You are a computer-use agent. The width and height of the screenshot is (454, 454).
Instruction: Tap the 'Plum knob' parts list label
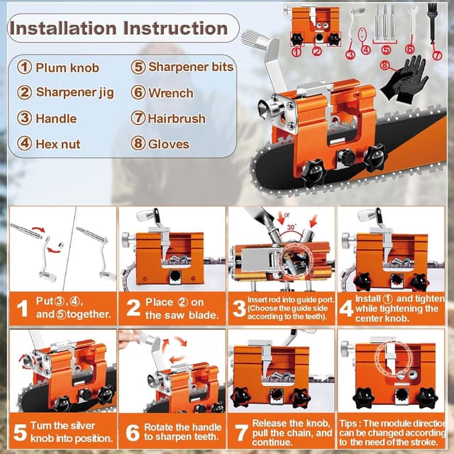(x=67, y=68)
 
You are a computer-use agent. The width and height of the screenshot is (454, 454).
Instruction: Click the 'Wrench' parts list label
(x=170, y=93)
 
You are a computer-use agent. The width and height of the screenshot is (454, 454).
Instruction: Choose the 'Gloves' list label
(x=168, y=144)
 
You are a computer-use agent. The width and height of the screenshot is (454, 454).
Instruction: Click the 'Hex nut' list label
(x=58, y=144)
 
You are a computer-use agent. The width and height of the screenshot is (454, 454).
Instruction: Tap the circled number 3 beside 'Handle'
(x=25, y=118)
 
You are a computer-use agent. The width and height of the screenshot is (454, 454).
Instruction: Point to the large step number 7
(x=242, y=430)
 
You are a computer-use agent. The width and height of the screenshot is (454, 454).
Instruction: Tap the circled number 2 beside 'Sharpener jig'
(x=25, y=93)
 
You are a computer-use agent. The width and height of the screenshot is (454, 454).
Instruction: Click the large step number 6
(x=131, y=431)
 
